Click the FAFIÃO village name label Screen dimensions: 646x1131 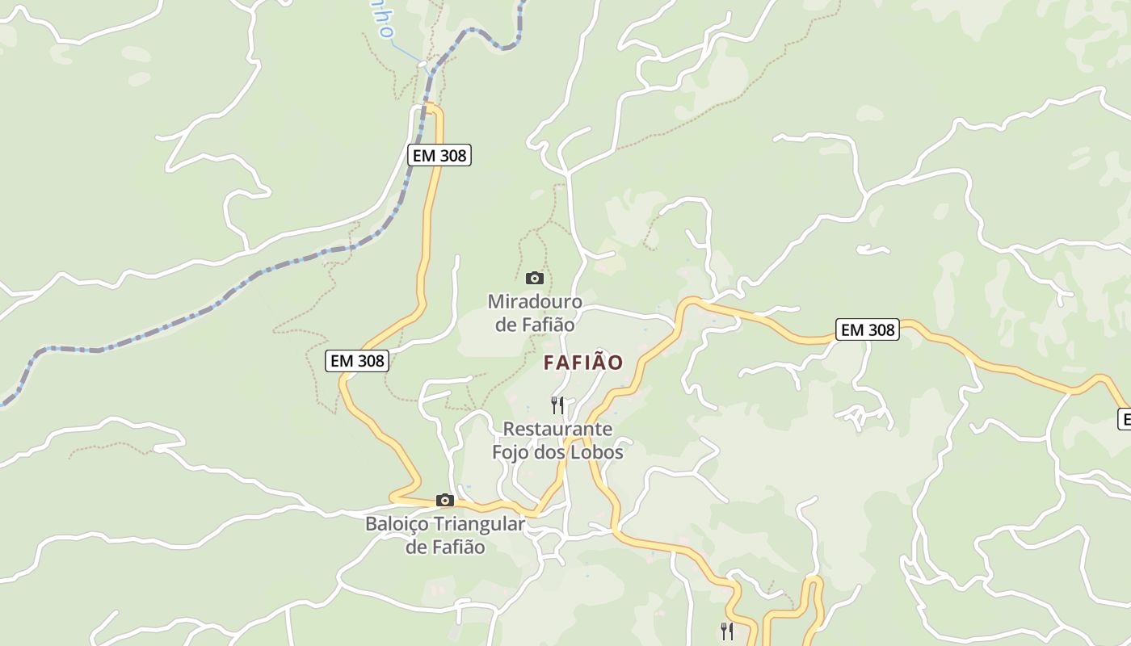tap(583, 363)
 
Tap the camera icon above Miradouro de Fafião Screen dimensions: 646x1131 tap(534, 279)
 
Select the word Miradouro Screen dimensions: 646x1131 tap(535, 301)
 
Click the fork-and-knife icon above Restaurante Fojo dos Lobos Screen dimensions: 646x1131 tap(557, 405)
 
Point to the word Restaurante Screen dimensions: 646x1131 tap(557, 429)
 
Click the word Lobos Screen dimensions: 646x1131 tap(597, 452)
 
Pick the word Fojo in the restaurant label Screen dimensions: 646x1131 tap(511, 452)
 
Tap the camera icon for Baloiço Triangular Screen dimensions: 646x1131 tap(444, 500)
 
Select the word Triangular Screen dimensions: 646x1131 tap(480, 524)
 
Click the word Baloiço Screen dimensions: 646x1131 tap(397, 524)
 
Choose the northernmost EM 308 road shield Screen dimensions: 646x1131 tap(439, 155)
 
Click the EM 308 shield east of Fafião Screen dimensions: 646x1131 tap(868, 329)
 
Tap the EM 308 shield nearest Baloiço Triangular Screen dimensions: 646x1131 tap(357, 361)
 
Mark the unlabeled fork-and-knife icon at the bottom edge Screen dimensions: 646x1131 tap(727, 631)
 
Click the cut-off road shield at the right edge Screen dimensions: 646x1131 tap(1124, 419)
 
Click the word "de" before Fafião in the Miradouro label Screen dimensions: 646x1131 tap(506, 325)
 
